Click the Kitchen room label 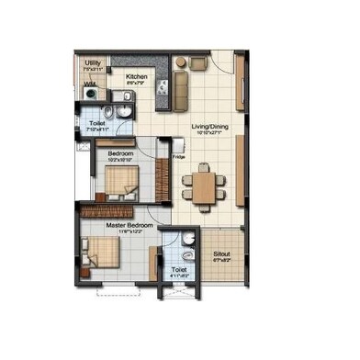tap(138, 77)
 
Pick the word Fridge tap(178, 158)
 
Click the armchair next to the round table tap(198, 63)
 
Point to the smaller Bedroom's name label tap(122, 152)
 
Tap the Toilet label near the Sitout tap(178, 269)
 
